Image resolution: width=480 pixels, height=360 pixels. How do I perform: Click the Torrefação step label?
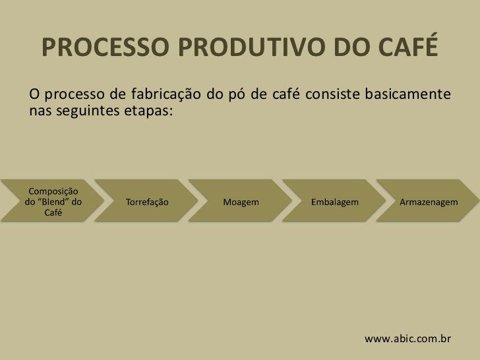tap(146, 202)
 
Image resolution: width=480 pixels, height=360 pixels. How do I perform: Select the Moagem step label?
tap(241, 202)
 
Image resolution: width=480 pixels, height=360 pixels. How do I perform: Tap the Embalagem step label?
tap(335, 202)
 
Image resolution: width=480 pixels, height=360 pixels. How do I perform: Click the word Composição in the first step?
tap(53, 191)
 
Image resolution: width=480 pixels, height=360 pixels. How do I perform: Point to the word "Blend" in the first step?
tap(53, 202)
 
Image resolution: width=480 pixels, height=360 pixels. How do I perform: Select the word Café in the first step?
tap(53, 212)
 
